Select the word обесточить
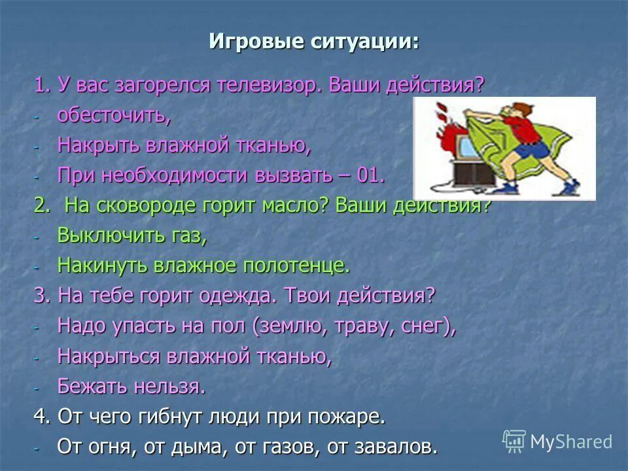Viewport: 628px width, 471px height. click(114, 115)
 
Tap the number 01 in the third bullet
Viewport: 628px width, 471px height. click(370, 175)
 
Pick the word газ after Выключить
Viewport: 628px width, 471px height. click(190, 236)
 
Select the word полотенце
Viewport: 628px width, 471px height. click(297, 266)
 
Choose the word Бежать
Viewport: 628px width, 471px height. click(92, 386)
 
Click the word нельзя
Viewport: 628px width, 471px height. click(169, 386)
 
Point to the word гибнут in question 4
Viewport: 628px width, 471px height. click(170, 417)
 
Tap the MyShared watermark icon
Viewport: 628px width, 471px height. click(514, 442)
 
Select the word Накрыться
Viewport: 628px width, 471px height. click(108, 356)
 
